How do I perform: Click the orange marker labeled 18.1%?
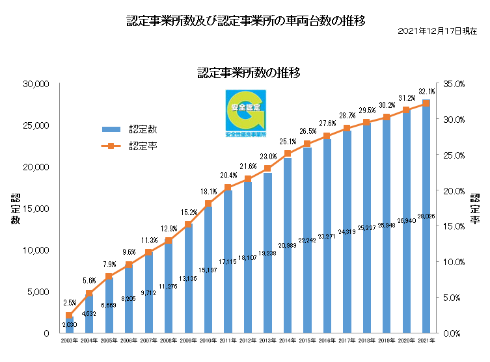208,203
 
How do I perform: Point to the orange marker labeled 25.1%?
288,154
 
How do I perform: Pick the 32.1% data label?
426,92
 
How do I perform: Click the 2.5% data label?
70,303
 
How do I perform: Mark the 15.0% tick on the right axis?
452,226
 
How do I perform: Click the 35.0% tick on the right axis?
452,84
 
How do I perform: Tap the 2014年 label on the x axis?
288,341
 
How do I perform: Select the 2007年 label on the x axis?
148,341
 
